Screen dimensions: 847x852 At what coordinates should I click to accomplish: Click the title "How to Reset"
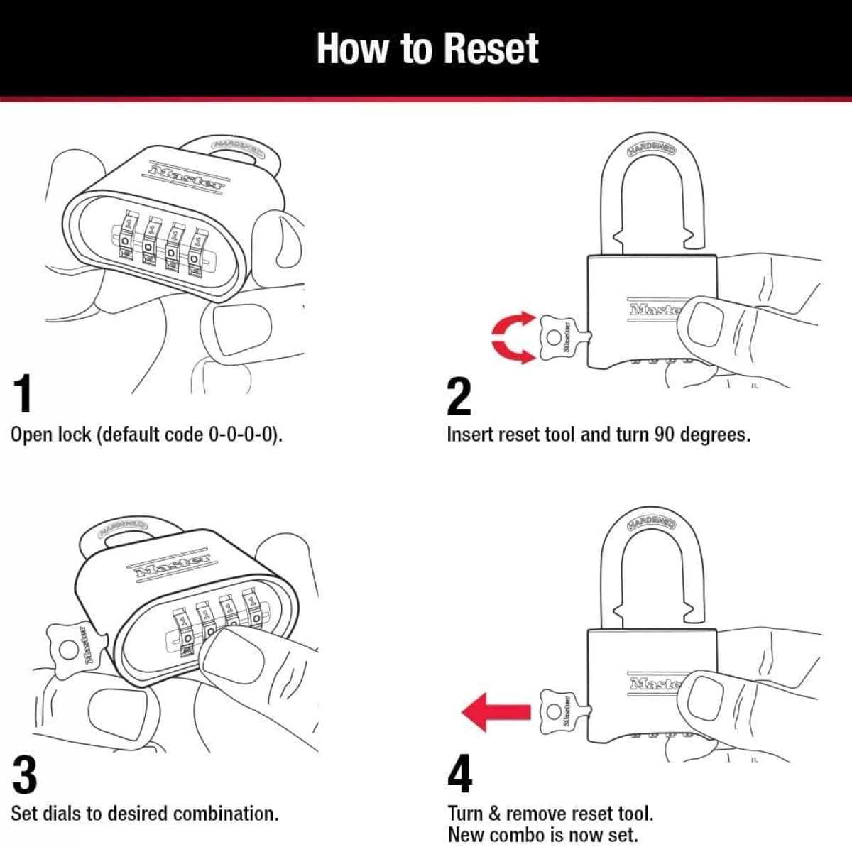point(427,48)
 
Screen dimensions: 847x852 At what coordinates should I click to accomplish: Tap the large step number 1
point(23,395)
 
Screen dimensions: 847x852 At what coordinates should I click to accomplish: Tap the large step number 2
point(459,397)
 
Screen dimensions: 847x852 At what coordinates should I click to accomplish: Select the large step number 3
point(25,775)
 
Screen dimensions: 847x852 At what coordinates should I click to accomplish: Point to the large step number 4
point(459,775)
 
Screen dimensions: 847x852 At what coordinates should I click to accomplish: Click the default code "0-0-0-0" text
point(241,435)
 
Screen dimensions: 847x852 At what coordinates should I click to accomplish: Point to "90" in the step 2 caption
point(664,435)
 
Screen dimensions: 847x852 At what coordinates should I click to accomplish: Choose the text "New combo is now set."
point(542,834)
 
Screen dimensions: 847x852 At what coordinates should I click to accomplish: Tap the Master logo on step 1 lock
point(186,176)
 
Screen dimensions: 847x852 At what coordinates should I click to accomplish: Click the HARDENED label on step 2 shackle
point(651,148)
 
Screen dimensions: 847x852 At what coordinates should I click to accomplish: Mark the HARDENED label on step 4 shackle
point(651,523)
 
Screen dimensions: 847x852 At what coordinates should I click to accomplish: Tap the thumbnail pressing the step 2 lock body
point(704,323)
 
